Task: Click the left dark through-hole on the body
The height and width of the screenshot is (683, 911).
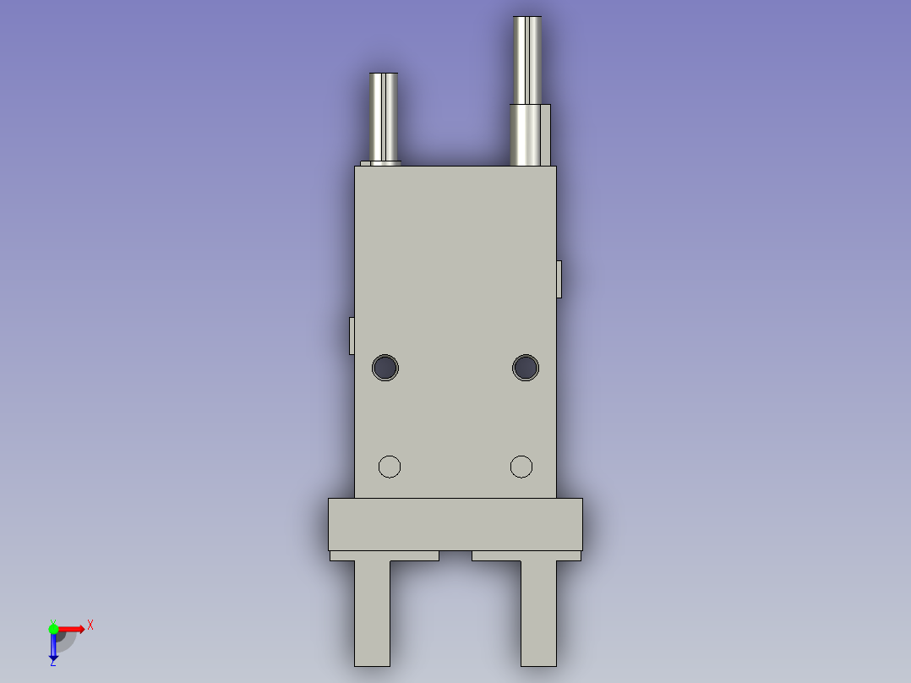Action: click(385, 368)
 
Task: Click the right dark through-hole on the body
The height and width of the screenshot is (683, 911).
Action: click(526, 368)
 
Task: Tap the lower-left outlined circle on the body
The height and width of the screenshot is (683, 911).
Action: click(389, 466)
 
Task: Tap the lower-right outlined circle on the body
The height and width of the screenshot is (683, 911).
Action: click(521, 466)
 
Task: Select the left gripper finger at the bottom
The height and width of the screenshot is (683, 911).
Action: click(372, 613)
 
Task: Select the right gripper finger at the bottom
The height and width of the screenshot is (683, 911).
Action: click(539, 613)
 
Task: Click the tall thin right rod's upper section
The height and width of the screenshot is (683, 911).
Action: click(527, 59)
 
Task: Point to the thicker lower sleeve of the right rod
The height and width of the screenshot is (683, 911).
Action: click(530, 134)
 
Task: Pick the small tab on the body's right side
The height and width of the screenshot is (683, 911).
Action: click(559, 279)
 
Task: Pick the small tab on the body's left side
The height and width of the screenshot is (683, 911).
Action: click(352, 336)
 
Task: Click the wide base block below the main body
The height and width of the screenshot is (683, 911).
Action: click(455, 524)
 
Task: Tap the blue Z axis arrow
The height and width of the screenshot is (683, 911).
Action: click(53, 647)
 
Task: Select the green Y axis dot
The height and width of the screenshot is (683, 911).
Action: click(53, 628)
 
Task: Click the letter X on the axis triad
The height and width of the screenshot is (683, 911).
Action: click(90, 625)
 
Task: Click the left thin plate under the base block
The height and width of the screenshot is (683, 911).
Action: click(385, 555)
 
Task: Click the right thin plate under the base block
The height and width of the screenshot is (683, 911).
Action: click(526, 555)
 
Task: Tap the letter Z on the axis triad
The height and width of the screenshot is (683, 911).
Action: click(52, 664)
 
